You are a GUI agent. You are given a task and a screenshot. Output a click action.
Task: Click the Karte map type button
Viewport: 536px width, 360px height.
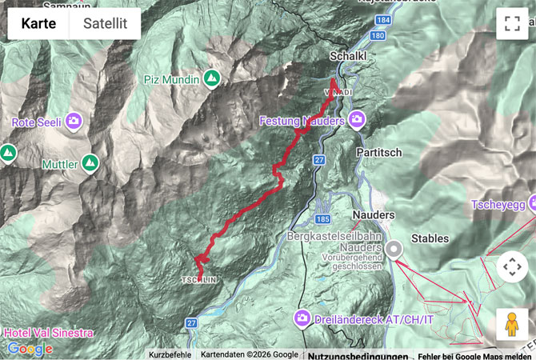(x=38, y=23)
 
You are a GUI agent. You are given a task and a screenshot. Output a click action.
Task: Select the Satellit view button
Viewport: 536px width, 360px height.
(x=105, y=23)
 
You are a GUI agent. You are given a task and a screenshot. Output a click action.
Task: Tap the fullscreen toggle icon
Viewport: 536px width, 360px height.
(x=512, y=23)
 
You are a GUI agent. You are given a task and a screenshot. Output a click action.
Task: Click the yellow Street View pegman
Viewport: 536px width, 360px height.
(x=512, y=324)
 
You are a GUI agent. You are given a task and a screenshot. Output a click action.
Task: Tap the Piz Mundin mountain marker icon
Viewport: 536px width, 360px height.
(x=211, y=78)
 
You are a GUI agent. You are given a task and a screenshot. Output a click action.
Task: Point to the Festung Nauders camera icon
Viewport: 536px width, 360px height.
(x=356, y=121)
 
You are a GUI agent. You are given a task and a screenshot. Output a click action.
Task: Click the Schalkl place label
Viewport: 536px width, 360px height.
(x=349, y=56)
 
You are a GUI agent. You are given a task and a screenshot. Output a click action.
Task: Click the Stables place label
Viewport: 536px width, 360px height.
(x=430, y=238)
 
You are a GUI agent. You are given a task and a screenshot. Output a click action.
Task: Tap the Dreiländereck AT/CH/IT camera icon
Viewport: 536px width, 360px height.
(x=303, y=318)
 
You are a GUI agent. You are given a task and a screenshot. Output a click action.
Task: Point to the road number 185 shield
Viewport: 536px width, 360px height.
(x=323, y=218)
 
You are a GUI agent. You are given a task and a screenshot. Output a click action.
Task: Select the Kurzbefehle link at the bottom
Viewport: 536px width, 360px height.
(x=170, y=354)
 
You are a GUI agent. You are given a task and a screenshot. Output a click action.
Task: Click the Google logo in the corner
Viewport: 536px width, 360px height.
(x=30, y=349)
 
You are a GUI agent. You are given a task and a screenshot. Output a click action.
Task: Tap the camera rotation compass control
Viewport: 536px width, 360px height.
(x=512, y=267)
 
